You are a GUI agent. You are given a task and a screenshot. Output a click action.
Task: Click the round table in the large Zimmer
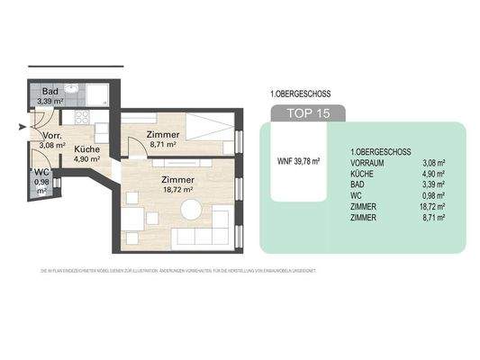[190, 210]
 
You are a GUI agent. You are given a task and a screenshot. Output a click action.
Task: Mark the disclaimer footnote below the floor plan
[180, 270]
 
